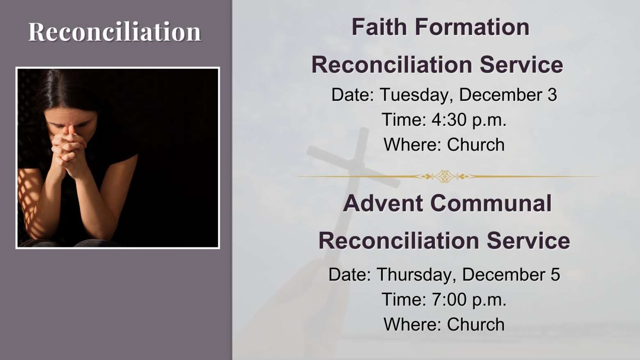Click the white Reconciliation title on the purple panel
point(114,32)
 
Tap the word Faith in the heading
point(379,27)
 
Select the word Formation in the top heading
point(472,27)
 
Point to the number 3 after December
point(552,95)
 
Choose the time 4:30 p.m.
point(469,120)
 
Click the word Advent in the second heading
point(383,203)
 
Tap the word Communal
point(491,203)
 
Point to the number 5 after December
point(555,275)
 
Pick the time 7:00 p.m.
point(469,300)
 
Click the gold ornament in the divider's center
point(444,176)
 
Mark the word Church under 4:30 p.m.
point(476,144)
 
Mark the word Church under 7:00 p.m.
point(476,324)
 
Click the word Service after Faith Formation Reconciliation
point(521,65)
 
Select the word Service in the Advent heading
point(528,241)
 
